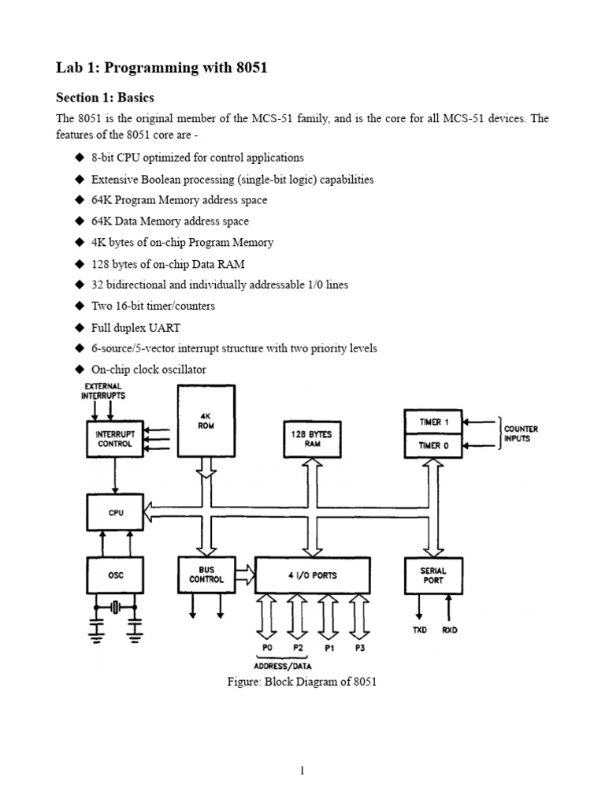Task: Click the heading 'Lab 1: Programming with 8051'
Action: point(161,68)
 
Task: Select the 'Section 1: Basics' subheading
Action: point(105,98)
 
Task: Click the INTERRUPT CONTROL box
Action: point(114,438)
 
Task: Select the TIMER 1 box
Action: point(433,422)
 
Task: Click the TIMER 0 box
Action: point(433,444)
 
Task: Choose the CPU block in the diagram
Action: point(115,512)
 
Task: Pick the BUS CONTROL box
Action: point(206,574)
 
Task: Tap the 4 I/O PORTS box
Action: point(313,575)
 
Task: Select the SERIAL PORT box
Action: point(433,575)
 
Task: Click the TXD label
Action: point(419,630)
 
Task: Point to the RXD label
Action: point(450,630)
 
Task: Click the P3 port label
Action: point(360,648)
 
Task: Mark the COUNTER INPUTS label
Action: point(521,433)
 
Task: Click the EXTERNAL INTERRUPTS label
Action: point(102,391)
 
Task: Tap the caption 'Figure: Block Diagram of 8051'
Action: point(302,682)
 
